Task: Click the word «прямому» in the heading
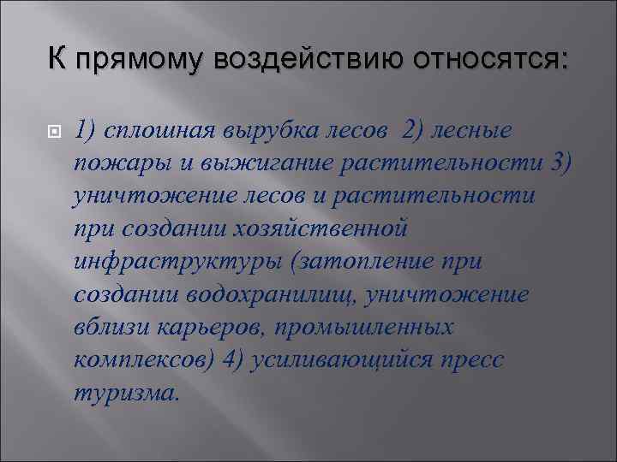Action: (137, 61)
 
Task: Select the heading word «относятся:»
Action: (491, 61)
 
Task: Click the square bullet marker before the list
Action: (51, 131)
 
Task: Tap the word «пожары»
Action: (114, 163)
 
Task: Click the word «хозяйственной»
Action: (326, 229)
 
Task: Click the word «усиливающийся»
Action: (339, 359)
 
